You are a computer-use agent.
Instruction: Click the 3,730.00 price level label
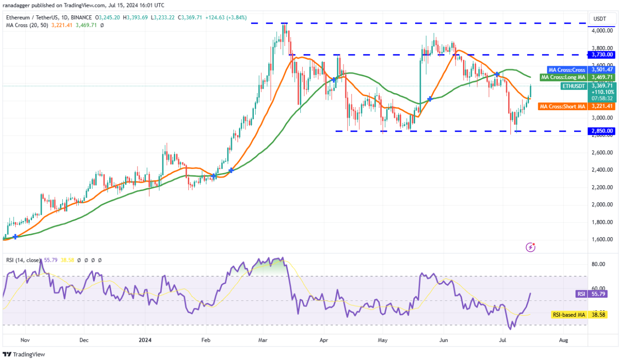click(x=603, y=54)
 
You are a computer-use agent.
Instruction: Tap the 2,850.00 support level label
click(x=603, y=131)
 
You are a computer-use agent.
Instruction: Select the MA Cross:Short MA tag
click(x=562, y=107)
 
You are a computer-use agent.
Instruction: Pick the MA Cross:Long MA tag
click(x=563, y=77)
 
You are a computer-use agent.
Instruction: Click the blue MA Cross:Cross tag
click(x=566, y=70)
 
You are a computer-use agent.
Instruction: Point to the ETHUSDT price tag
click(x=575, y=86)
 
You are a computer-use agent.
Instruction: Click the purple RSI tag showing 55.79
click(x=580, y=294)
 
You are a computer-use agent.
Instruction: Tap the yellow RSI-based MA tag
click(x=569, y=315)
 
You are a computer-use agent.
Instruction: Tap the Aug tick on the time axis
click(x=563, y=340)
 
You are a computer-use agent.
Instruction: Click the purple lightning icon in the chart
click(x=530, y=247)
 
